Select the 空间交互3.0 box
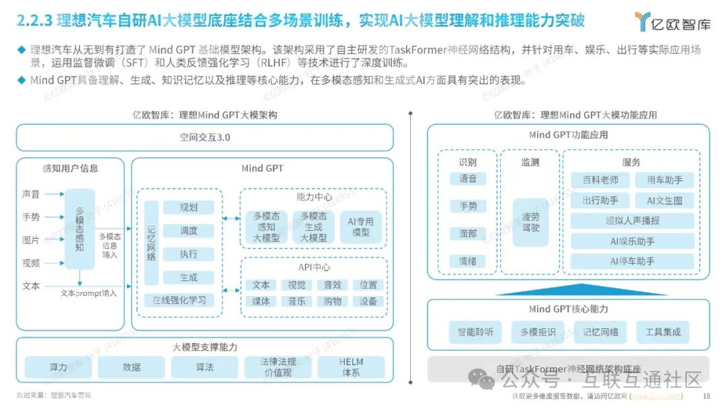click(204, 137)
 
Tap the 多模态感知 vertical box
click(80, 229)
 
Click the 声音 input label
click(31, 194)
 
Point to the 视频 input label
click(31, 263)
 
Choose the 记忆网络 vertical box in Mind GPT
click(151, 241)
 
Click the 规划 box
click(189, 207)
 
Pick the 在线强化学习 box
click(179, 300)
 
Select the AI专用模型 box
click(360, 227)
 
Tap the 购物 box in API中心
click(332, 301)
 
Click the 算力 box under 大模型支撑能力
click(58, 367)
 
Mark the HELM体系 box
click(351, 367)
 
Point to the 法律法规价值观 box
click(278, 367)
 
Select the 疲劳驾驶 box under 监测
click(530, 222)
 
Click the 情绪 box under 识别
click(468, 261)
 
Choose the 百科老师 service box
click(600, 180)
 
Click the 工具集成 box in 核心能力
click(663, 331)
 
